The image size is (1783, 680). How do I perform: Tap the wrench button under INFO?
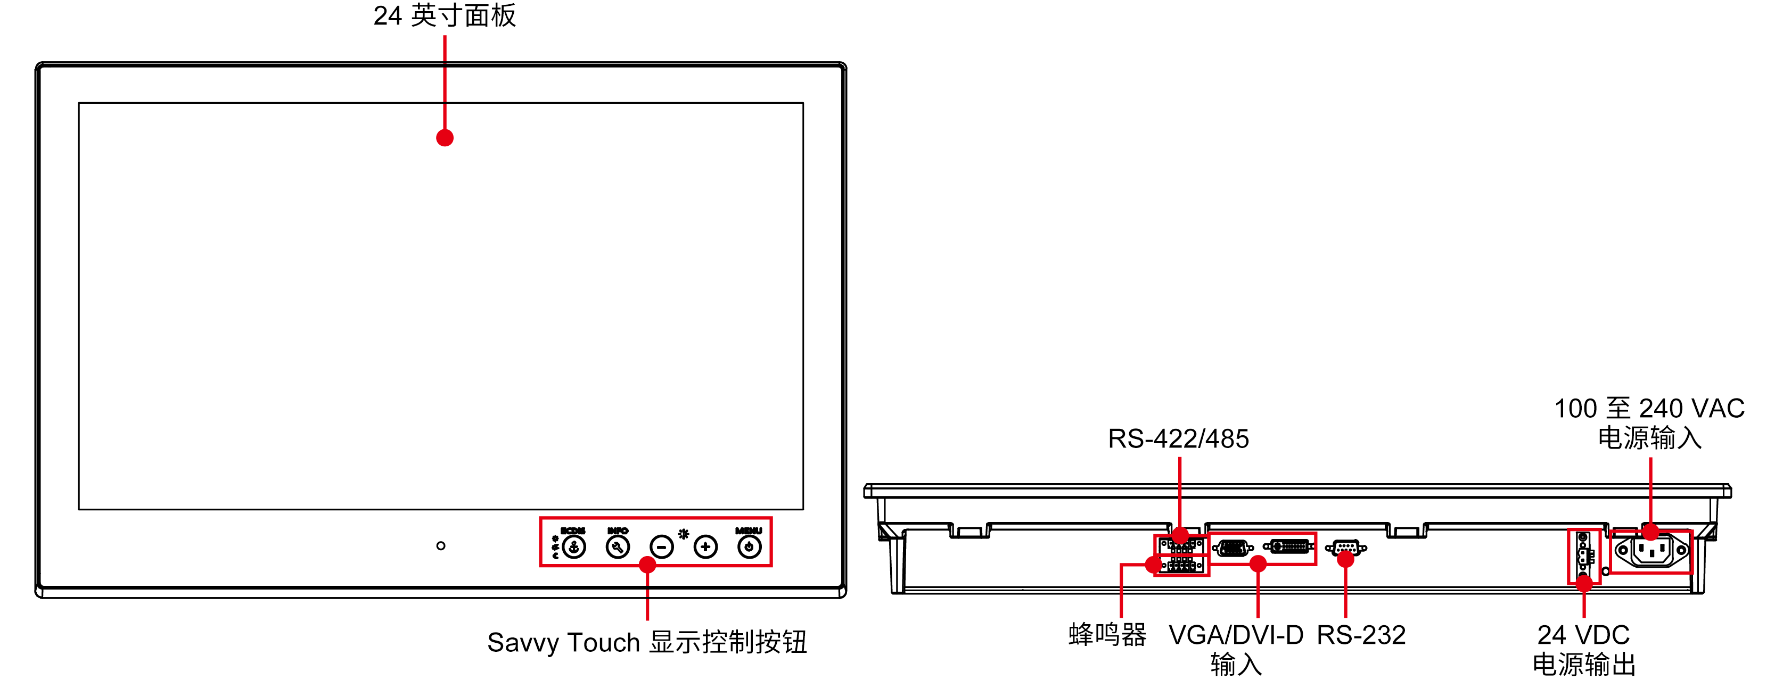[618, 547]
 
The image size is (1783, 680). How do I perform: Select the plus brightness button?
[705, 547]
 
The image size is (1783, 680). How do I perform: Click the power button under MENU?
[749, 547]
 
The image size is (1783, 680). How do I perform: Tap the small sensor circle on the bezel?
[441, 546]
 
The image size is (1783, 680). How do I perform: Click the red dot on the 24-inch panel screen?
[445, 138]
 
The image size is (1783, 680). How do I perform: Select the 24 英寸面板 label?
[445, 15]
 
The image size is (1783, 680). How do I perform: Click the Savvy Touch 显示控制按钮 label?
[647, 642]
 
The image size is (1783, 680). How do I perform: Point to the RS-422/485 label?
[1178, 438]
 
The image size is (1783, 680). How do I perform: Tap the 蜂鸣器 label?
[1107, 634]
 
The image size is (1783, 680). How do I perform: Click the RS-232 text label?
[1361, 634]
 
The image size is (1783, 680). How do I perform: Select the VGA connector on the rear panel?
[1233, 549]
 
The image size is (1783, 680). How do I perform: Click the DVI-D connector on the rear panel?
[1289, 546]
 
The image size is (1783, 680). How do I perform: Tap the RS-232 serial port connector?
[1345, 548]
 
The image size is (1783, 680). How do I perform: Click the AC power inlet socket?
[1651, 551]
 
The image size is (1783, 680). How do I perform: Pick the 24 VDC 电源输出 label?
[1584, 649]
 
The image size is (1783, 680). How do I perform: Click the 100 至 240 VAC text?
[1649, 408]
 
